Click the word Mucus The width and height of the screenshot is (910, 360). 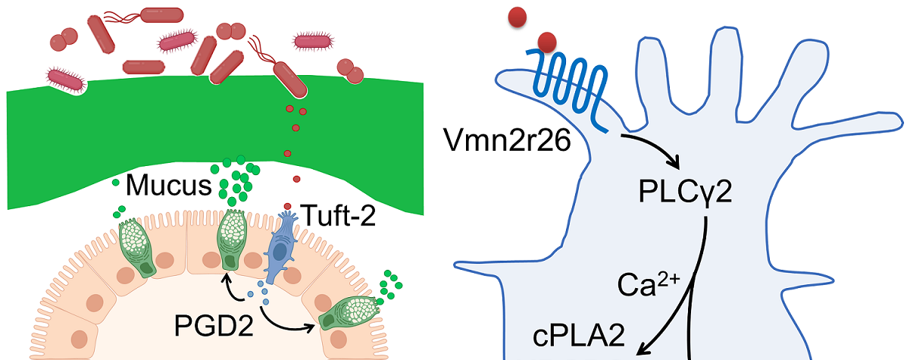tap(164, 183)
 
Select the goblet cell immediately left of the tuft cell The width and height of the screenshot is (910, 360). tap(233, 238)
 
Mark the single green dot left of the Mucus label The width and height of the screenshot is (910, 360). tap(115, 183)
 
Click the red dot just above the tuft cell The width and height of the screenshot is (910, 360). tap(288, 206)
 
